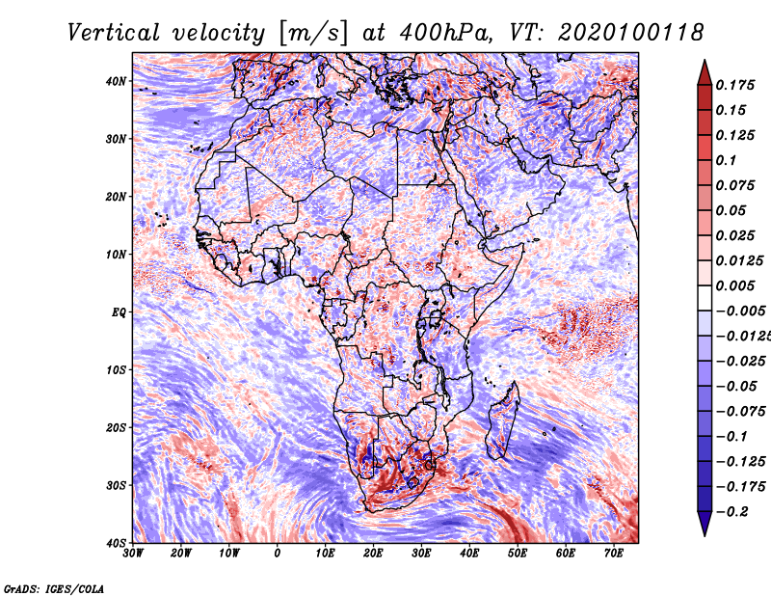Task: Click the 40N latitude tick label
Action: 116,81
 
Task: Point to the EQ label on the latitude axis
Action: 119,312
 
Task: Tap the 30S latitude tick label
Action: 116,485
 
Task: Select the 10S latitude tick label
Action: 116,369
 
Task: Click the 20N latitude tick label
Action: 116,197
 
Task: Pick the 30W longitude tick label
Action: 133,554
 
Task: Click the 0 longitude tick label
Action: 278,554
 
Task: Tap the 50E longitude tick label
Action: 518,554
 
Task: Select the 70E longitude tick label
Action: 613,554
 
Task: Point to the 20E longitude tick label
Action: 373,554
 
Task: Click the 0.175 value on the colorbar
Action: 735,85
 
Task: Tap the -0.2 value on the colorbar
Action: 731,512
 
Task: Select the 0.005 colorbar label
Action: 735,285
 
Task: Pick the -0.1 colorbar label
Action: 731,437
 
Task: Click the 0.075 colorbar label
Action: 735,185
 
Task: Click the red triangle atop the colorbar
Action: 705,74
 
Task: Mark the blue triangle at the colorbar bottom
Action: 705,523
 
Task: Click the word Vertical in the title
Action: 114,33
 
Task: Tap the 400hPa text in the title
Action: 445,33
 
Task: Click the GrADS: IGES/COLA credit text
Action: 54,589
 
